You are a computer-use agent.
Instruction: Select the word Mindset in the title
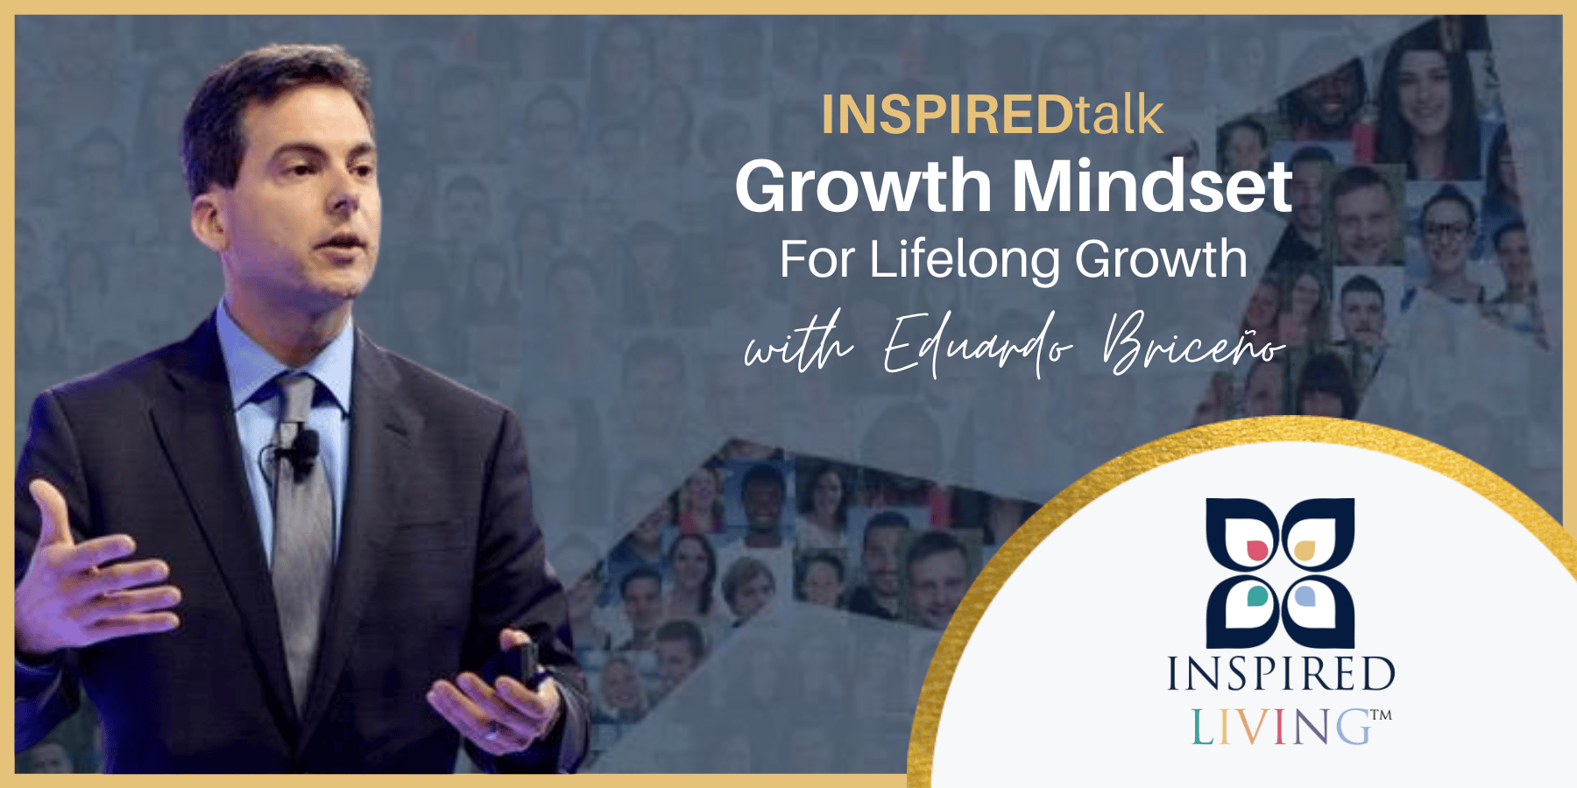[x=1152, y=186]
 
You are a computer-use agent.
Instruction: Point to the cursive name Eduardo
[x=977, y=344]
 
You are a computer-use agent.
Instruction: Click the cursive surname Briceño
[x=1192, y=344]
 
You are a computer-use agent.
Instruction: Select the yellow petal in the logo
[x=1305, y=550]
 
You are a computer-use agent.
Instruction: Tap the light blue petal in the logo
[x=1305, y=596]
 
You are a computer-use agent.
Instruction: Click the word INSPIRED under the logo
[x=1280, y=674]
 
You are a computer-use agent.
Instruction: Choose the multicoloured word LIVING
[x=1280, y=727]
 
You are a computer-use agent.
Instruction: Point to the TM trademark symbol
[x=1382, y=714]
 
